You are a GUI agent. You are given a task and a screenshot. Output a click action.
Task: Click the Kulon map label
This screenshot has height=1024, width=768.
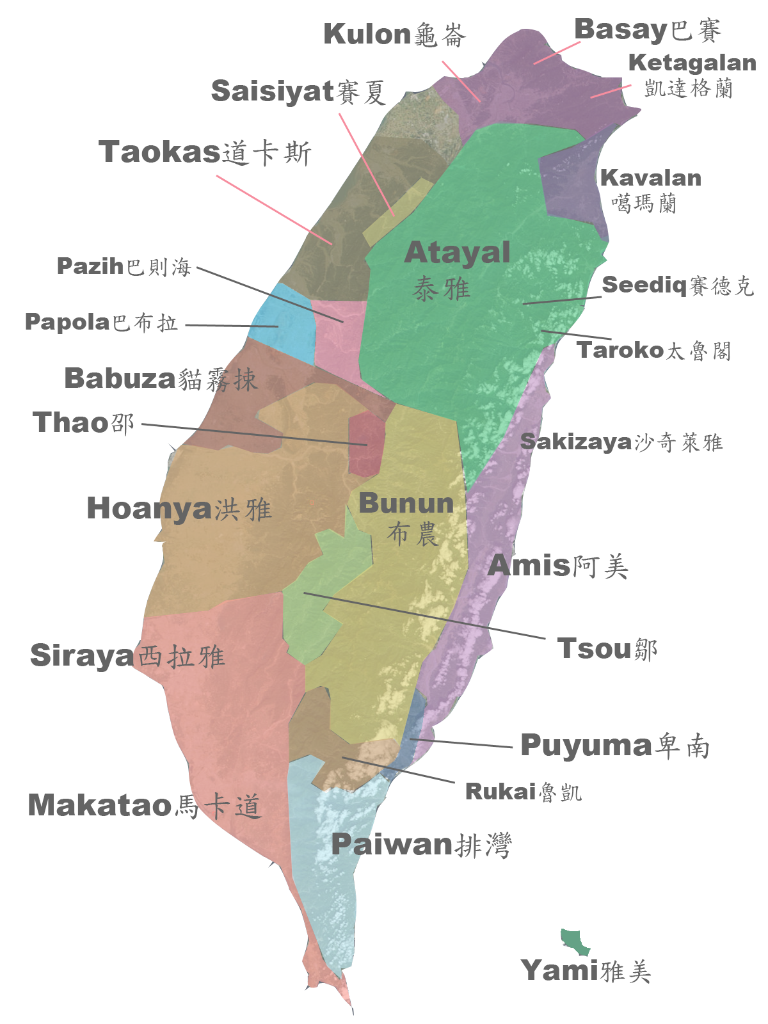[394, 35]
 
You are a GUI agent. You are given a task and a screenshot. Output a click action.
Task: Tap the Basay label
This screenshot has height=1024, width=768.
[647, 30]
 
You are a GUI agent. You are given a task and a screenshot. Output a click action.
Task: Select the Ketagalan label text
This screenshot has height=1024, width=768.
[691, 74]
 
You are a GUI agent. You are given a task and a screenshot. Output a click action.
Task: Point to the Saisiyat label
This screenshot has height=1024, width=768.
[298, 92]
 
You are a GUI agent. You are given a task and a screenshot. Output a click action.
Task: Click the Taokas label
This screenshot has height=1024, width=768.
[204, 152]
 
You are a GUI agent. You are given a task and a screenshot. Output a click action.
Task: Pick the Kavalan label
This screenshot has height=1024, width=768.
[650, 189]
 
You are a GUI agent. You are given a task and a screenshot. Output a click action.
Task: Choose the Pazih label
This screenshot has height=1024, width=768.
[124, 266]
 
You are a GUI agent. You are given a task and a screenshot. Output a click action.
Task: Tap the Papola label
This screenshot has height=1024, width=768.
[101, 322]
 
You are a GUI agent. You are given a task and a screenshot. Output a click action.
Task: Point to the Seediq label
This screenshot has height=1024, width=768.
[677, 285]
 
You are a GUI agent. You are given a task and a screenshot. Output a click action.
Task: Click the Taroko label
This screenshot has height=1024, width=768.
[653, 350]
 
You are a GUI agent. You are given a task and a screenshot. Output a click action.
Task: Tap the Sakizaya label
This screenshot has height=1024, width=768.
[621, 442]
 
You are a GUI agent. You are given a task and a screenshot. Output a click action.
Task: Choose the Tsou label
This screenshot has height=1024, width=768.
[607, 649]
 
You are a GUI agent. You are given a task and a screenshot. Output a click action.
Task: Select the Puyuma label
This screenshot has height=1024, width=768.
[614, 746]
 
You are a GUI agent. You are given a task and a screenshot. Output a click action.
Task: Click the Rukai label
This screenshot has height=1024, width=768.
[523, 792]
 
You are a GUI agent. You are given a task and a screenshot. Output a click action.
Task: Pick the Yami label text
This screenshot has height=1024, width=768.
[586, 971]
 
